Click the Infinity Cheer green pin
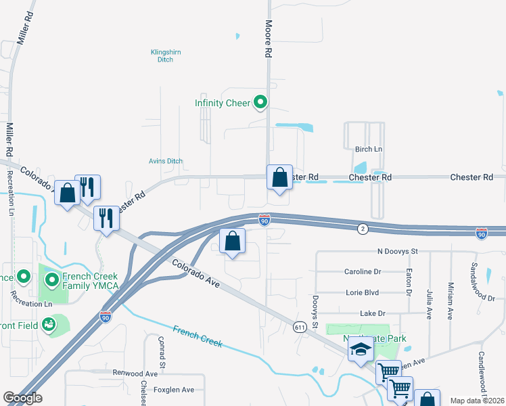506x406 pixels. (260, 103)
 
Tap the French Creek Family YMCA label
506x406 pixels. (90, 281)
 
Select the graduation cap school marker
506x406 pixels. (361, 350)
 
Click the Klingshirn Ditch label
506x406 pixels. (161, 55)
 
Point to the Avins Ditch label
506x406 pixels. (166, 161)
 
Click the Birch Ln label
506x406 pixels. (369, 149)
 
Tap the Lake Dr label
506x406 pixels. (372, 313)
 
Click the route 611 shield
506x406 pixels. (300, 327)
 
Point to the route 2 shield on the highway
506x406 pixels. (363, 229)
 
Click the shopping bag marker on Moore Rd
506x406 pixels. (279, 178)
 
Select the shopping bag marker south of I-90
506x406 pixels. (232, 241)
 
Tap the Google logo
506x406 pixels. (23, 398)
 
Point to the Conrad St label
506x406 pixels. (162, 353)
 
